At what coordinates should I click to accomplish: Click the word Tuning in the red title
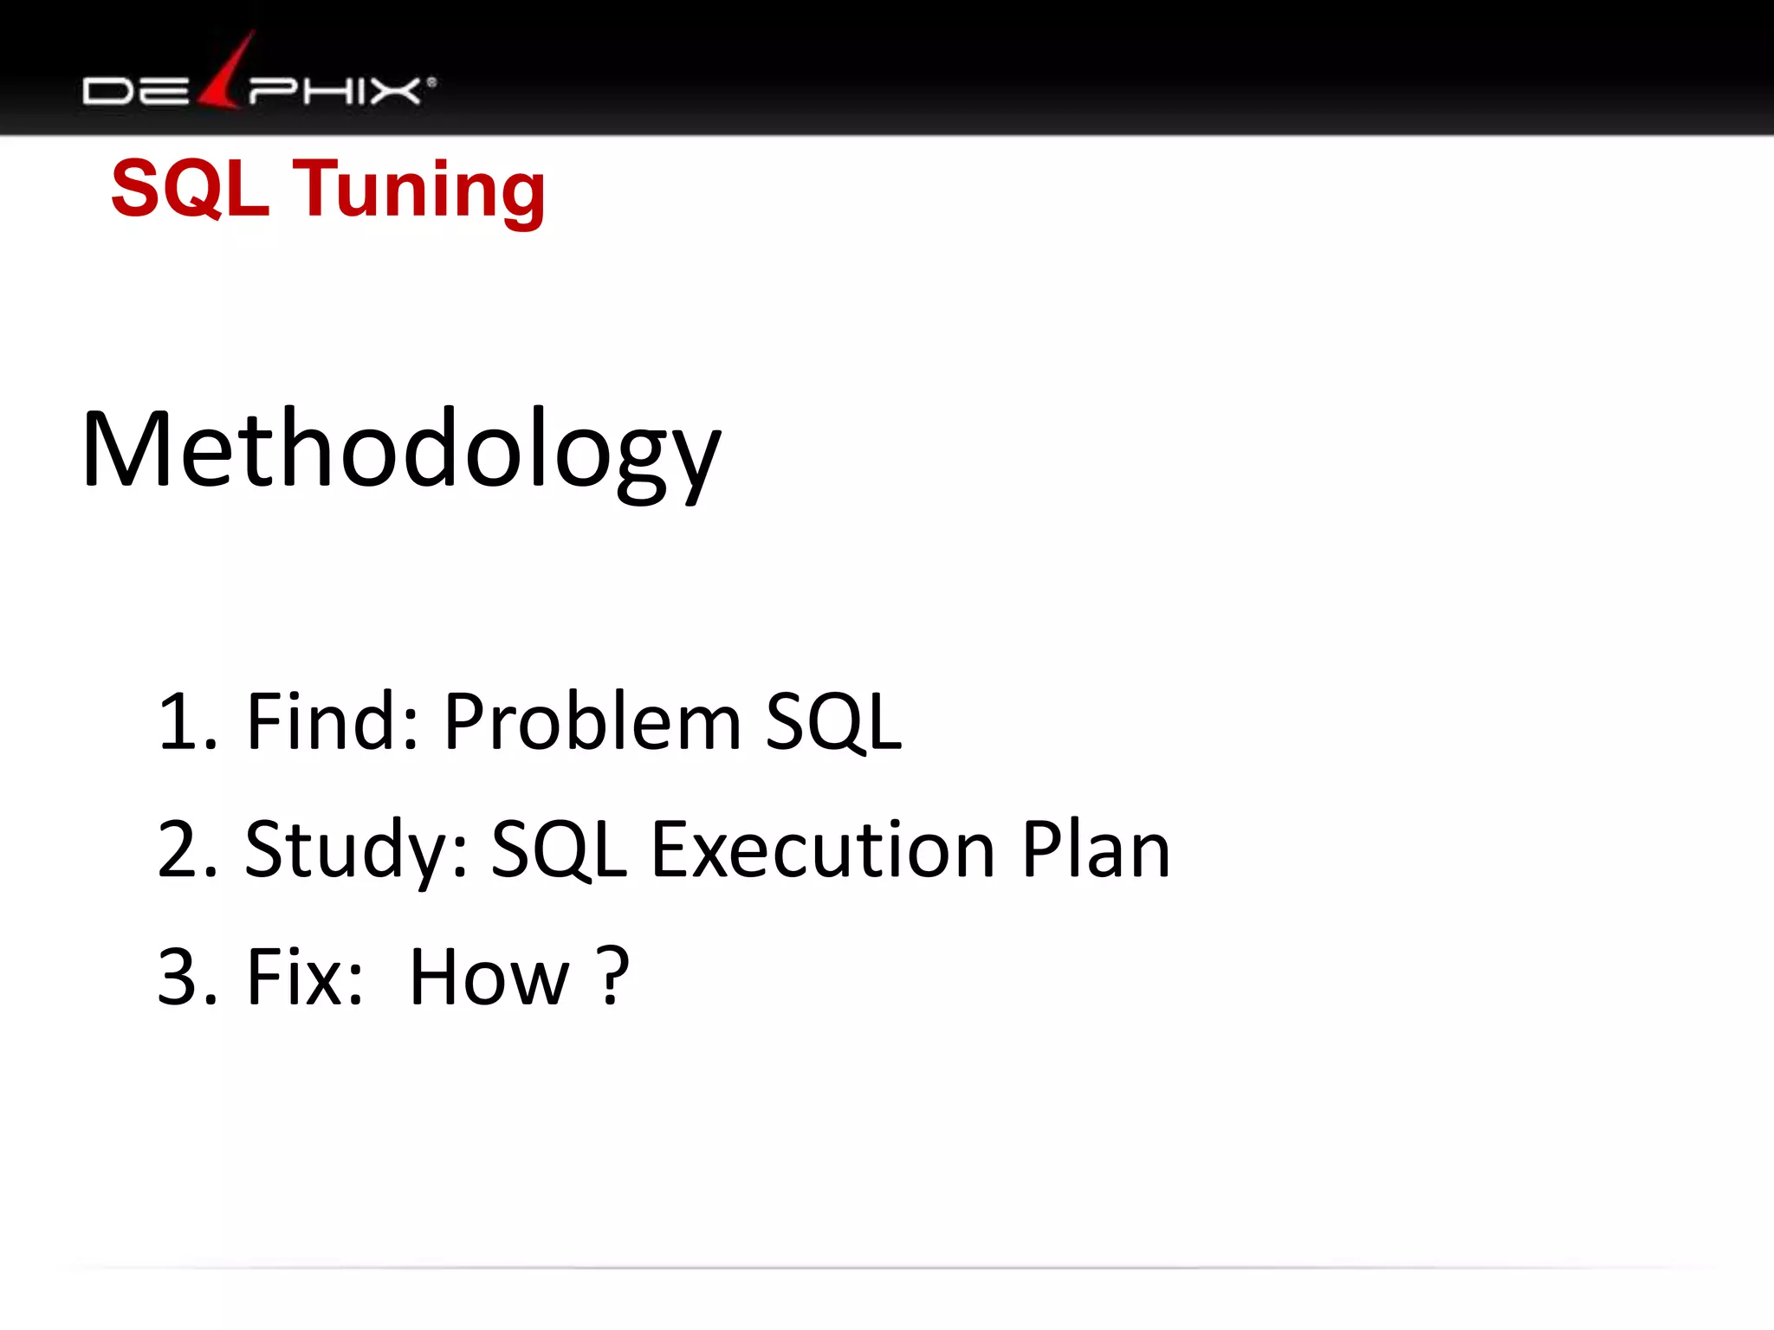coord(421,190)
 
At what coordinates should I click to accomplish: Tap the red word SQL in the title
coord(191,188)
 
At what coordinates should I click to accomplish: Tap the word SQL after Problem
coord(833,722)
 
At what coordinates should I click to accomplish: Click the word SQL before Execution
coord(560,851)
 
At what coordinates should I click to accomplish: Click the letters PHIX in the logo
coord(334,91)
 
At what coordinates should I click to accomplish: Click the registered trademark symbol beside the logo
coord(431,83)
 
